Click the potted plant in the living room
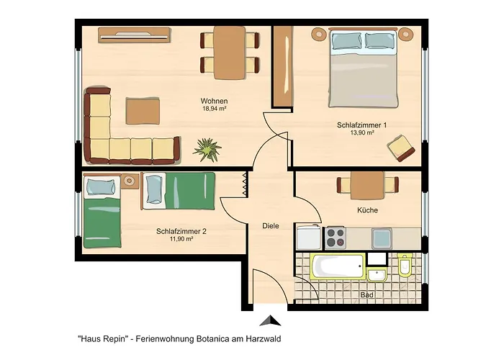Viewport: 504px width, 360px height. point(207,150)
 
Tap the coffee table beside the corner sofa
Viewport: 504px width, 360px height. point(143,111)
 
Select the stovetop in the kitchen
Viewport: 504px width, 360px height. point(336,238)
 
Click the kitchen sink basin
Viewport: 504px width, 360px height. point(382,238)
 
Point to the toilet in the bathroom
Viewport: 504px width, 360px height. point(405,265)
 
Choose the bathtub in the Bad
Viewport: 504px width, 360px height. point(338,267)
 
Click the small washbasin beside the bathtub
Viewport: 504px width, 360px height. point(377,275)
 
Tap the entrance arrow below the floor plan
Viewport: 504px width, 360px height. point(270,321)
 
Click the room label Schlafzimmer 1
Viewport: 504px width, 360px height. point(361,125)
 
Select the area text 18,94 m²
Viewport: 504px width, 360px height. point(215,109)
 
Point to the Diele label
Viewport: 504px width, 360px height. point(271,226)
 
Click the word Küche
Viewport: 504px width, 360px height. point(367,210)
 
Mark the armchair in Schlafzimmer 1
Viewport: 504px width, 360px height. point(401,148)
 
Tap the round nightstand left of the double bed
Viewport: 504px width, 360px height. point(318,33)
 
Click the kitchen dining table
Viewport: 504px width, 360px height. point(367,185)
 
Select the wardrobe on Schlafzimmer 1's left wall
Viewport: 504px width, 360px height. point(283,66)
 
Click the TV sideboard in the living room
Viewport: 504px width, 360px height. point(135,35)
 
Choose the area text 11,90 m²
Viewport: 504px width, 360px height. point(181,239)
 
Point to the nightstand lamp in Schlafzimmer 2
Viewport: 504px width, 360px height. point(130,181)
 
